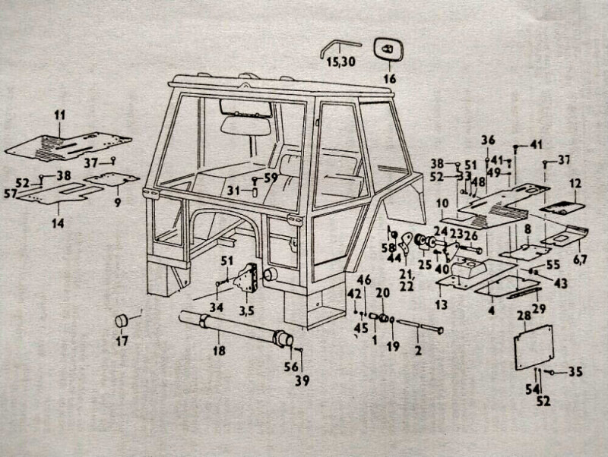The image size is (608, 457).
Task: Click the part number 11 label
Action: [60, 115]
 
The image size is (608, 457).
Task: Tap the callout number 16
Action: [390, 78]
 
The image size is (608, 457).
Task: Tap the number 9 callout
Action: [117, 203]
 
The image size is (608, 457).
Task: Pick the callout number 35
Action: [575, 372]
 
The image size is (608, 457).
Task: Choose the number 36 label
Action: [488, 139]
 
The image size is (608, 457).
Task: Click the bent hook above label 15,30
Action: [332, 45]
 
